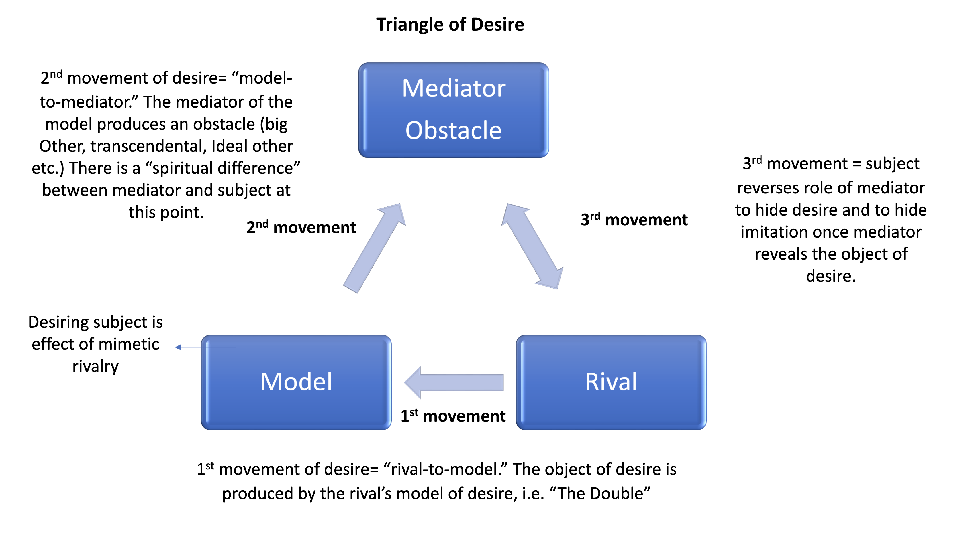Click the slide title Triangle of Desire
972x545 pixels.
(450, 25)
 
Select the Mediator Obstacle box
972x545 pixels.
(454, 110)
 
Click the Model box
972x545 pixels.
(296, 382)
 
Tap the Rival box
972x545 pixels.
(611, 382)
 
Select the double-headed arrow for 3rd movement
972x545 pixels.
(532, 246)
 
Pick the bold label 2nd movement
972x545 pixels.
(301, 227)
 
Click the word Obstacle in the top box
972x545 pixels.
(454, 131)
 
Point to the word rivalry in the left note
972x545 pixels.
(95, 366)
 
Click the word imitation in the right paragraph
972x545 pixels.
(772, 232)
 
